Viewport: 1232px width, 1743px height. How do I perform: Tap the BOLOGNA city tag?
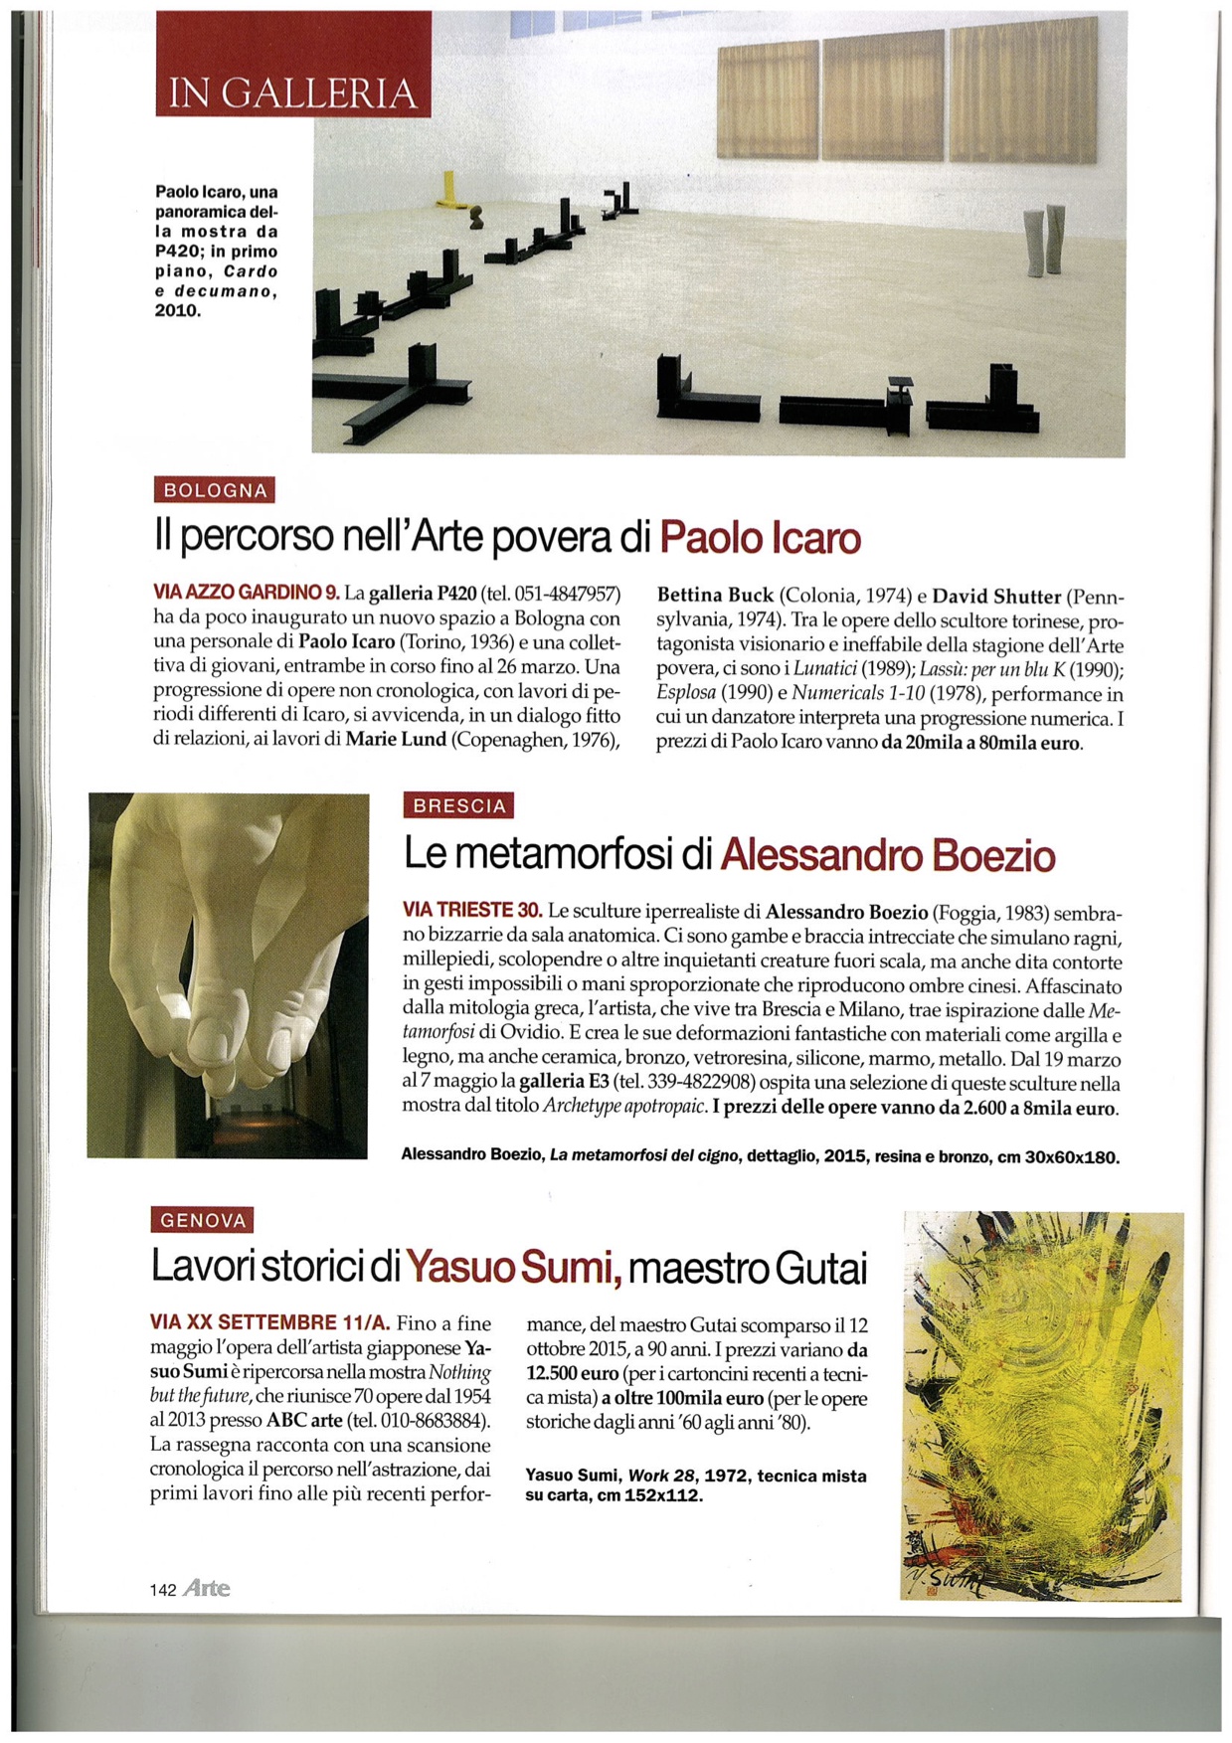(x=215, y=490)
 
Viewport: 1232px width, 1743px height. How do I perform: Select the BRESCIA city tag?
(x=459, y=805)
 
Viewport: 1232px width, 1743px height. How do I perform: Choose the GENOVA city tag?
(x=203, y=1220)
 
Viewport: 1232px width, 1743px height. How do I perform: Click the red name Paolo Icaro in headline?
(x=760, y=538)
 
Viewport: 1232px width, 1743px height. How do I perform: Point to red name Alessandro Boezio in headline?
(x=887, y=855)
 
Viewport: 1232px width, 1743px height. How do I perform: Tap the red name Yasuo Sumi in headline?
(x=513, y=1268)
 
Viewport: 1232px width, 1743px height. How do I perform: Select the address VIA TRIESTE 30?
(x=472, y=910)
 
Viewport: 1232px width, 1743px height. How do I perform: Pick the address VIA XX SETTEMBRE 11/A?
(x=269, y=1323)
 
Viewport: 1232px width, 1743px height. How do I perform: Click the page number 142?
(x=163, y=1590)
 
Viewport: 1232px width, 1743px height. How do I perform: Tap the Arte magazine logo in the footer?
(x=207, y=1589)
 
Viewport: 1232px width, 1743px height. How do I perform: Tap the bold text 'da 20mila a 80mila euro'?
(x=980, y=743)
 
